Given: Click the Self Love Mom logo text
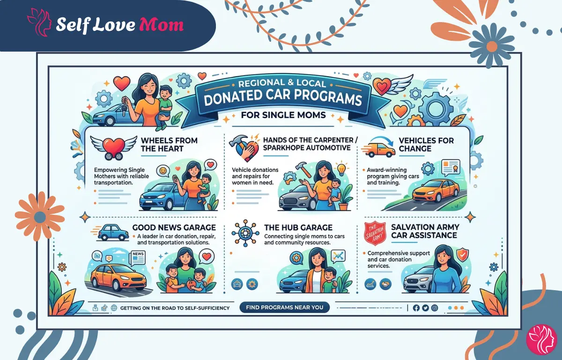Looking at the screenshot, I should (119, 25).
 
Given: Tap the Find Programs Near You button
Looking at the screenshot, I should (285, 307).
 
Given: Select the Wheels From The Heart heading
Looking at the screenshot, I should (169, 144).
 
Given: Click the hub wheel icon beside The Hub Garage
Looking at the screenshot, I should (244, 232).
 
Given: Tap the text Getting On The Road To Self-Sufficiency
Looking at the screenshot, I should (175, 308).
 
